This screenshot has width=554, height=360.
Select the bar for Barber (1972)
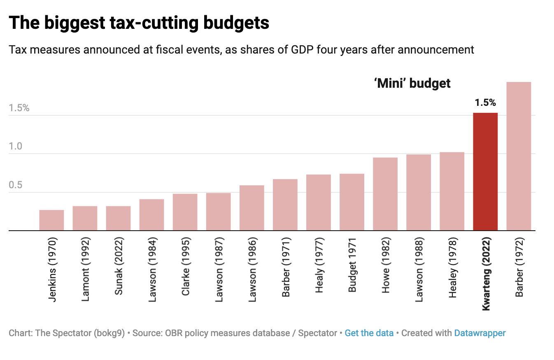519,156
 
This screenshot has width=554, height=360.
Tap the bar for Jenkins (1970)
51,220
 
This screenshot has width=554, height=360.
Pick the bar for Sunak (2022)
118,218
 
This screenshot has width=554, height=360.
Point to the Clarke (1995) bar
185,212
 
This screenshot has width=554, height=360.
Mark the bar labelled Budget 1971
352,202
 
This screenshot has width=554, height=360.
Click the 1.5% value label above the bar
485,103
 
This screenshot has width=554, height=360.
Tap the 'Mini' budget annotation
412,84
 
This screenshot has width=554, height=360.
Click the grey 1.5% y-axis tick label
19,108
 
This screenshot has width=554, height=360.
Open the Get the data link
369,333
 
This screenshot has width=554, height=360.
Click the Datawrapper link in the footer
480,333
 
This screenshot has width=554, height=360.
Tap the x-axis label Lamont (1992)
85,269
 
